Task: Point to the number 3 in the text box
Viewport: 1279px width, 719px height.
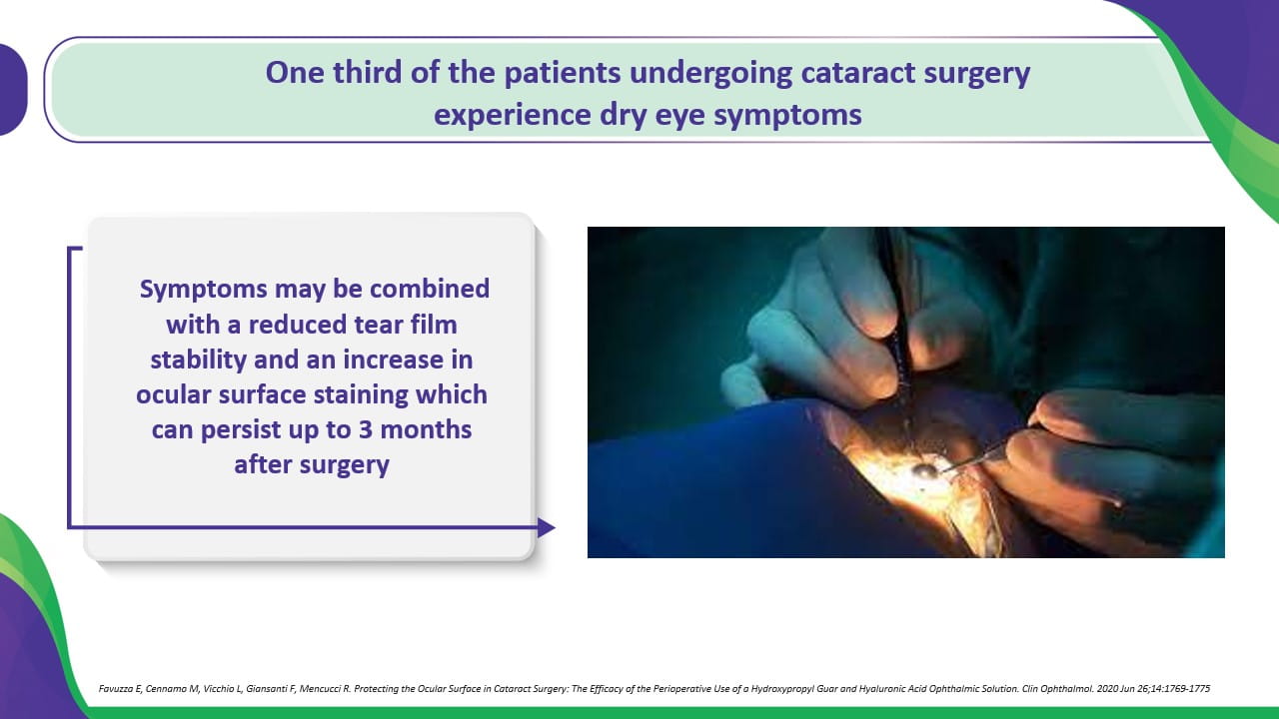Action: pos(366,429)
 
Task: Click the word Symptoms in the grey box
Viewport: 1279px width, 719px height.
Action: pos(203,290)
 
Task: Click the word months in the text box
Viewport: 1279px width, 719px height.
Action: pos(426,429)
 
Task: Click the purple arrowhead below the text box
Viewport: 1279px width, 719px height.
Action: pos(547,528)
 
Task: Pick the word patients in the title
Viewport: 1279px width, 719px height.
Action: pos(563,74)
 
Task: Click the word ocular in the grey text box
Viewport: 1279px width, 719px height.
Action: pos(174,395)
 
